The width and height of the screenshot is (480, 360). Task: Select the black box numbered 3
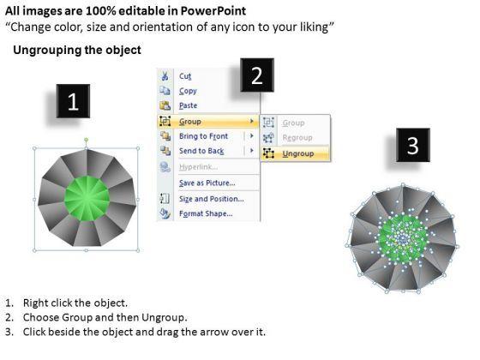[412, 146]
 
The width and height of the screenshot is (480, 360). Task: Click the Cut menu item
[184, 76]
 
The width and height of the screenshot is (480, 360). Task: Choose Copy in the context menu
[188, 91]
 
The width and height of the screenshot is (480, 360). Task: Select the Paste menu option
[189, 106]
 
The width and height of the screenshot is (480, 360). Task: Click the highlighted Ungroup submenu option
[297, 153]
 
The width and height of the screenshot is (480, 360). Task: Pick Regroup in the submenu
[297, 138]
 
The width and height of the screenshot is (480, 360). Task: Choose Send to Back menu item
[202, 152]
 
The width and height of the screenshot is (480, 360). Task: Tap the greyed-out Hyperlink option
[198, 167]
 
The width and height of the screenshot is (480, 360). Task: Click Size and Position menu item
[210, 198]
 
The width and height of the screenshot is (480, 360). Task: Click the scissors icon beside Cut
[165, 76]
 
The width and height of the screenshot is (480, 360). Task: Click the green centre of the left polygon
[87, 200]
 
